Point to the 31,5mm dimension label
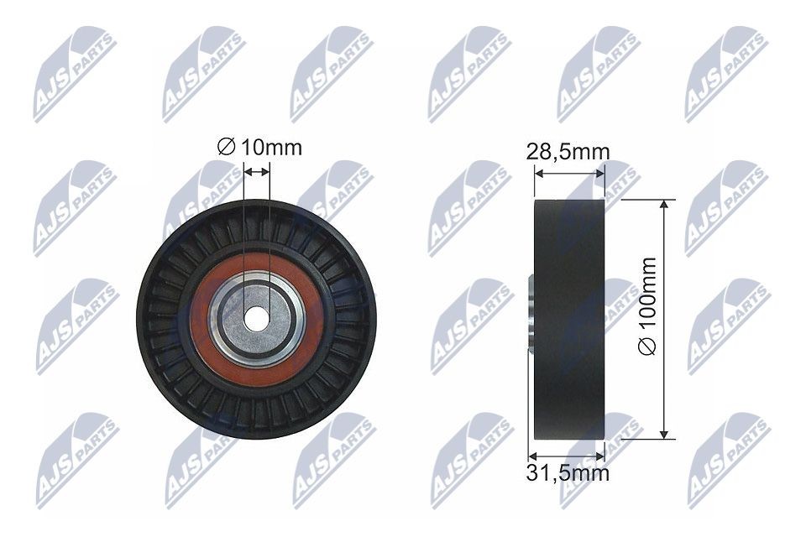568,474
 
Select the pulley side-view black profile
568,319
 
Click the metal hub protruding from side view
530,319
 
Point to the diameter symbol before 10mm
225,149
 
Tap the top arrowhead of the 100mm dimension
664,205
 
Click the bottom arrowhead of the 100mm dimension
664,433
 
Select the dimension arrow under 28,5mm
569,174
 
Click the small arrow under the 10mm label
257,171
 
